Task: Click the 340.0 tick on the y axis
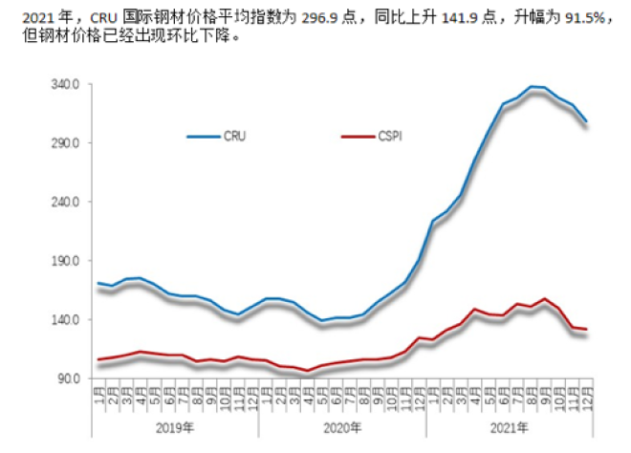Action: tap(64, 84)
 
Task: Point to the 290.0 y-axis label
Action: tap(64, 143)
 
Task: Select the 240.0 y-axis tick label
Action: tap(64, 203)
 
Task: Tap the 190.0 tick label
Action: tap(64, 261)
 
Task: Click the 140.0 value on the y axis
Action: tap(64, 320)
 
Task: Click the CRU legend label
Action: tap(233, 137)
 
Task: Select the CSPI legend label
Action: tap(388, 137)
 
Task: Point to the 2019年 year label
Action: tap(175, 427)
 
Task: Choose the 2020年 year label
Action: tap(343, 427)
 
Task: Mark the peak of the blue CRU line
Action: tap(532, 86)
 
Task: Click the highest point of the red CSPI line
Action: tap(545, 299)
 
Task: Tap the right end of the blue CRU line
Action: tap(586, 121)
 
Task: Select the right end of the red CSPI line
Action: tap(586, 330)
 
